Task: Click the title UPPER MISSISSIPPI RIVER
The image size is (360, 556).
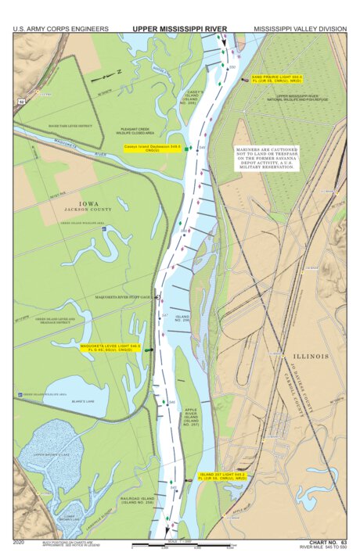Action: tap(179, 28)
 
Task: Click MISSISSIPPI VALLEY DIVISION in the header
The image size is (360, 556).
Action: tap(300, 28)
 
